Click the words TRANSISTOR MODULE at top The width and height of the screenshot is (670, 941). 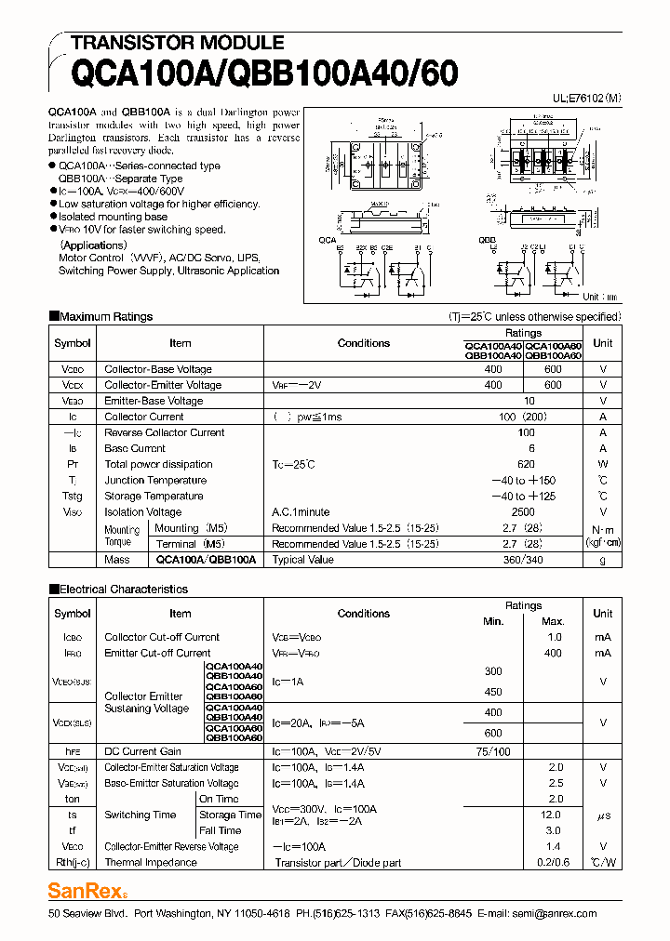[x=177, y=43]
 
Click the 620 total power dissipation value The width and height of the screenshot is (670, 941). [x=527, y=464]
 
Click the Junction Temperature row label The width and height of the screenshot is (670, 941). [x=155, y=480]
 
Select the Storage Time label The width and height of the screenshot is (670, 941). [x=231, y=815]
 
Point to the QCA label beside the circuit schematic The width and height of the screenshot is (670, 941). [x=328, y=240]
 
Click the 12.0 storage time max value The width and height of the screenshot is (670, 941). [x=555, y=815]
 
